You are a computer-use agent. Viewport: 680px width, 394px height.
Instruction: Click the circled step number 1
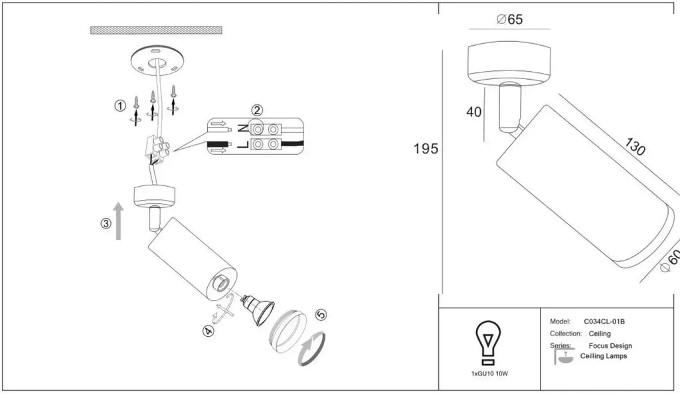120,106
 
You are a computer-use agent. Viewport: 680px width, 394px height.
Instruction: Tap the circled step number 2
257,110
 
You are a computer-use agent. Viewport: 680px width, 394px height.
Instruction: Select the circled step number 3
106,224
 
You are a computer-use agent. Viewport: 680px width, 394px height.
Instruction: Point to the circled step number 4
209,332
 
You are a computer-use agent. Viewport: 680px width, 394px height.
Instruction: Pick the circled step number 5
321,314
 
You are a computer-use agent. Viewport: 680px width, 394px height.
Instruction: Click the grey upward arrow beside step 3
118,221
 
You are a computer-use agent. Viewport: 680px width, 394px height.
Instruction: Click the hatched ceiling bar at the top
156,31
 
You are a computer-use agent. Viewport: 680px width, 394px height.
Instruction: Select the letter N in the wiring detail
244,128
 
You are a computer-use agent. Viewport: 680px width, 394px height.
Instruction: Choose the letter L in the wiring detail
243,144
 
